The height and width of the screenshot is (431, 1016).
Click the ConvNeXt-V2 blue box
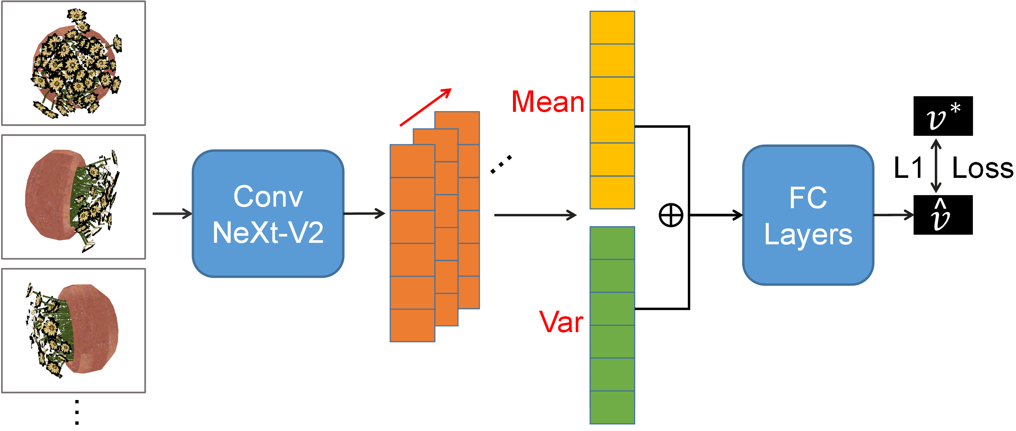point(268,213)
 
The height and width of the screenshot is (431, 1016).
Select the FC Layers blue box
point(808,215)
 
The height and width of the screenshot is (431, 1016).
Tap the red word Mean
point(547,102)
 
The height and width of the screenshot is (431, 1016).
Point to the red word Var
point(561,322)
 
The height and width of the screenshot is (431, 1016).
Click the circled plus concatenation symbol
point(671,215)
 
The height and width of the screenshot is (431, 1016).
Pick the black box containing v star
point(943,116)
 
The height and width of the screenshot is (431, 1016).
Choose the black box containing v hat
point(943,215)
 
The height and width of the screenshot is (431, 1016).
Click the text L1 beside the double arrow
point(908,168)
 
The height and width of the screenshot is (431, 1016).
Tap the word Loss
point(982,168)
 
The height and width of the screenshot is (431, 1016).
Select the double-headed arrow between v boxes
point(936,166)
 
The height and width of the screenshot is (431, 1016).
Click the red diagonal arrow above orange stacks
point(425,107)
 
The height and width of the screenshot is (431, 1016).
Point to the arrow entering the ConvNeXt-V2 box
point(172,214)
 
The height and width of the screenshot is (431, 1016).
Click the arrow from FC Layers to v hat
point(893,215)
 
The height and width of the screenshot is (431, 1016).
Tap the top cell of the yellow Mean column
point(612,28)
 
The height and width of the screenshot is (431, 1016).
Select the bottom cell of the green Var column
point(612,407)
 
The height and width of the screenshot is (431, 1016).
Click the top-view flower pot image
point(73,63)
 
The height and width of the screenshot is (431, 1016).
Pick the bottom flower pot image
point(73,331)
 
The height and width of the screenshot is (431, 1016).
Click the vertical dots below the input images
point(77,413)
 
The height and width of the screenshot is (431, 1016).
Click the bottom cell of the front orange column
point(412,325)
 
